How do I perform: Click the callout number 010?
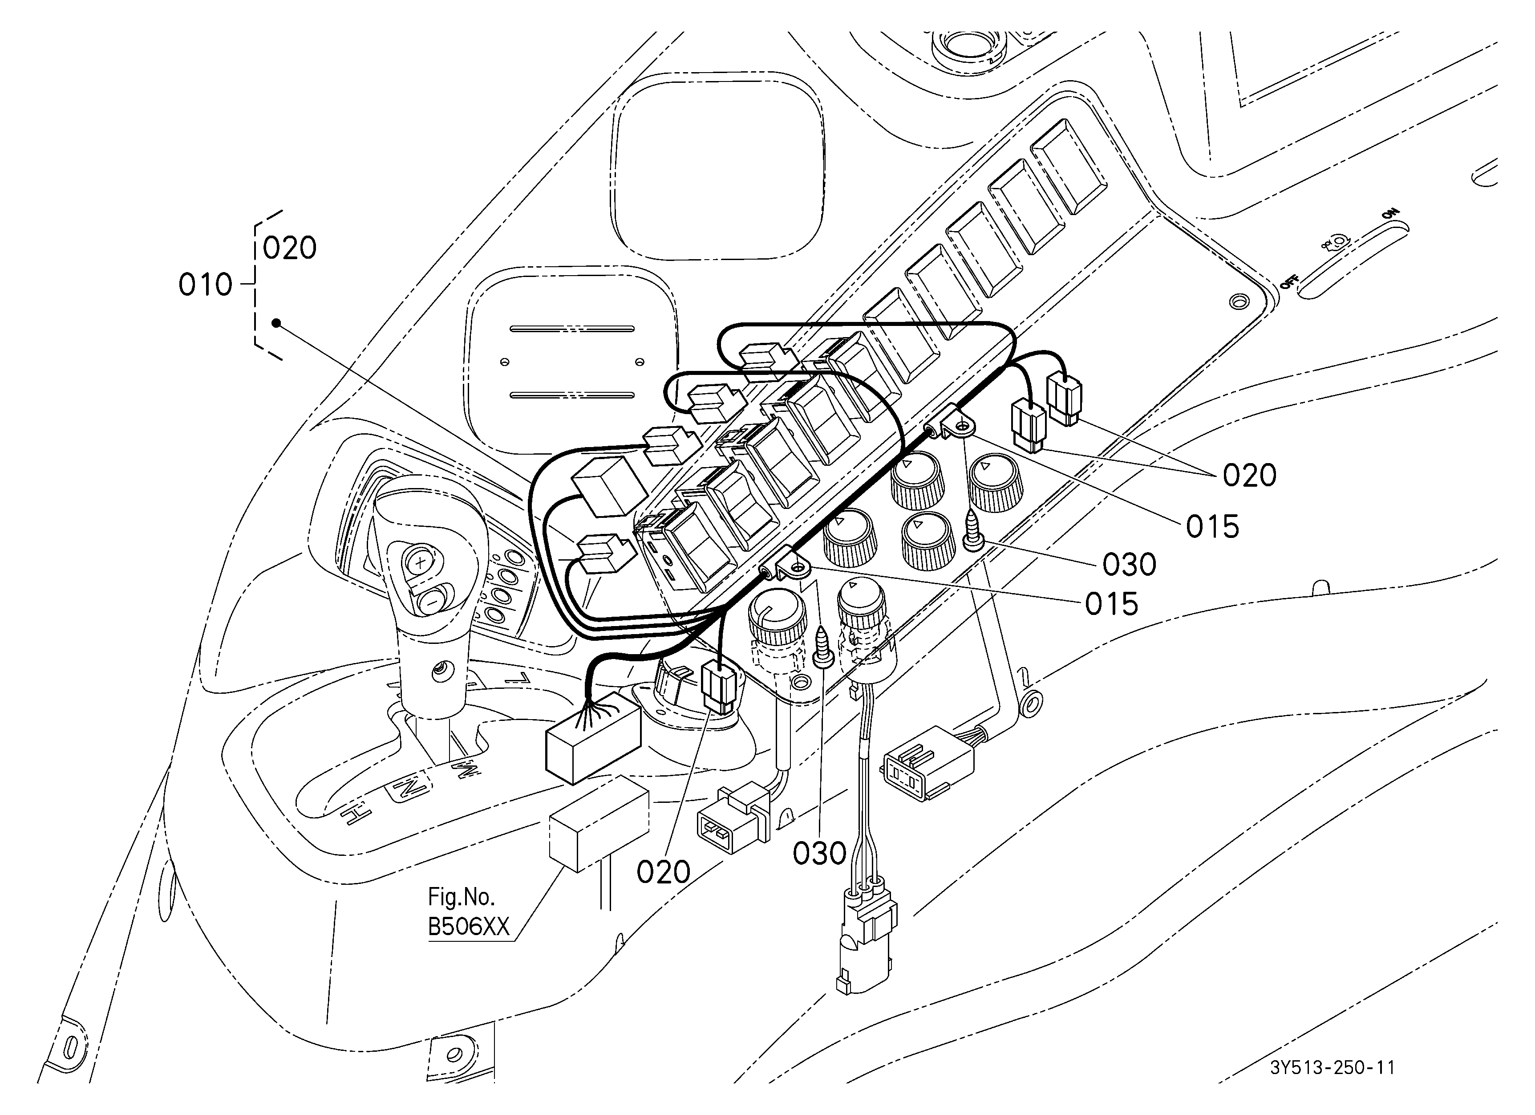pos(206,285)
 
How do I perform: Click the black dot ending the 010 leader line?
pos(276,323)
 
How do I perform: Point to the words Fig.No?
pos(462,897)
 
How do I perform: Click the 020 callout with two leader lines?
pos(1249,476)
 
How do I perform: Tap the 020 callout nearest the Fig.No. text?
pos(663,873)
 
